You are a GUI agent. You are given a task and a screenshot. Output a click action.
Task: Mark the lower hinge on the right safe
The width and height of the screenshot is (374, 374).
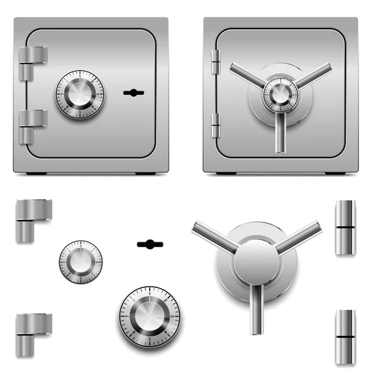click(x=216, y=125)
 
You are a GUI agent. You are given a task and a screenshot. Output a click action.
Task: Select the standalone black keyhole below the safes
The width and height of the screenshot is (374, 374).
click(x=150, y=243)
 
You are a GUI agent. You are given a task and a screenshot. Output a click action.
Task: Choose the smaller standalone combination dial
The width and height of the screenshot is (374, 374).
click(x=81, y=262)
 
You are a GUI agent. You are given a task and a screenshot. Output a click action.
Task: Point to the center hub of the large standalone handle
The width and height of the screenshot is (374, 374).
click(x=256, y=262)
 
